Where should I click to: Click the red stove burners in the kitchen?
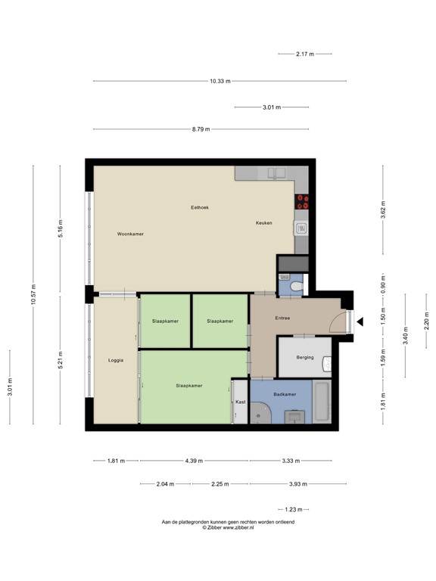click(303, 201)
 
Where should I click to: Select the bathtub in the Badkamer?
click(322, 403)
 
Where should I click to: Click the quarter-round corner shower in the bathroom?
click(261, 413)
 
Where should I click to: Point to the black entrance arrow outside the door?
click(360, 322)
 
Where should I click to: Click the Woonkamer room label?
click(130, 234)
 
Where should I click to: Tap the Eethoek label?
click(200, 207)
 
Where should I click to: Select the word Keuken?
click(263, 223)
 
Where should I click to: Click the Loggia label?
click(115, 360)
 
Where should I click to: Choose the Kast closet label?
click(241, 402)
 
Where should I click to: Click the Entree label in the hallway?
click(282, 318)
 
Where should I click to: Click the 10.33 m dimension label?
click(220, 81)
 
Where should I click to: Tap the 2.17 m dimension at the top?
click(305, 54)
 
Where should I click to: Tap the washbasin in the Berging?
click(327, 365)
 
